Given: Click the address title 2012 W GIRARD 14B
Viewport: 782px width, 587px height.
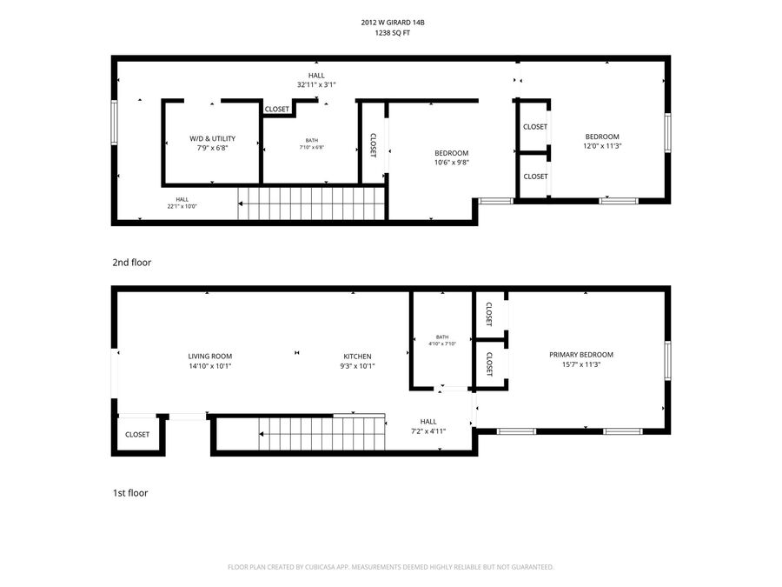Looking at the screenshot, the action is [x=393, y=23].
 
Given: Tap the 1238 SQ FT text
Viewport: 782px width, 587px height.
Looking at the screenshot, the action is [x=393, y=33].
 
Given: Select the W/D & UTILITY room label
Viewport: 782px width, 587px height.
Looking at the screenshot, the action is [x=213, y=138].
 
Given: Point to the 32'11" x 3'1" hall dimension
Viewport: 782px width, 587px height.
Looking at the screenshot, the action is [x=316, y=85].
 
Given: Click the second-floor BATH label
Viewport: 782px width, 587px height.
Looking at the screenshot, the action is [x=312, y=140].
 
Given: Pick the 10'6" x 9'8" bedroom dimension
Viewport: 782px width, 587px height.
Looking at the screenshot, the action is [x=451, y=163].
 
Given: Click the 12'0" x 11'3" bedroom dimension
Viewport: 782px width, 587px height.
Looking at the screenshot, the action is [x=602, y=146].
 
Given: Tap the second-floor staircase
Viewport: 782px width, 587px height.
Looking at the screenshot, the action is [x=311, y=203].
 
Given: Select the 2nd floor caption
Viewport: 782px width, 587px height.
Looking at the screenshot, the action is [x=132, y=263].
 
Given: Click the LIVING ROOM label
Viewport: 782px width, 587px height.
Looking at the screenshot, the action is [x=210, y=356].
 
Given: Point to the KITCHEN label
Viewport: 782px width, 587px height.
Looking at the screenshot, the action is [x=358, y=356].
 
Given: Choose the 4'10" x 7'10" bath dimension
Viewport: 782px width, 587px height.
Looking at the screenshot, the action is [x=442, y=344].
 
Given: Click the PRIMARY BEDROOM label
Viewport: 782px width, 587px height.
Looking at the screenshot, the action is [x=581, y=355].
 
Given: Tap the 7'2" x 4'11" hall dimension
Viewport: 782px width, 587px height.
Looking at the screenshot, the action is [x=428, y=431].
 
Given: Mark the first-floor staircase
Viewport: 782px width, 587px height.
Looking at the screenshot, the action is [x=321, y=433].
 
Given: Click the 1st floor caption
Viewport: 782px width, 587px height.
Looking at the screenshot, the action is [x=130, y=493].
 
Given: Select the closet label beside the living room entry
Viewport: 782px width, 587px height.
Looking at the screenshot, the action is [x=137, y=434].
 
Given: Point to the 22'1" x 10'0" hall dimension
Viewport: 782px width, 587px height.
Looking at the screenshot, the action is [x=182, y=206].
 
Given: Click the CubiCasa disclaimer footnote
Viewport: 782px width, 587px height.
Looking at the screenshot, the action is [x=390, y=567].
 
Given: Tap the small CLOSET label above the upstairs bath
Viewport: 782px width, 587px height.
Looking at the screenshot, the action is [x=277, y=109].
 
